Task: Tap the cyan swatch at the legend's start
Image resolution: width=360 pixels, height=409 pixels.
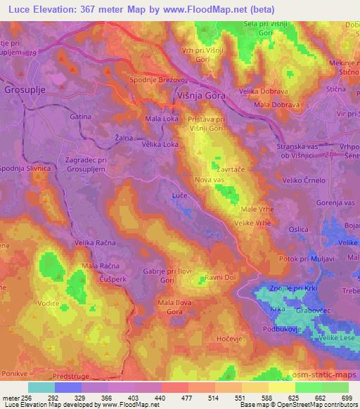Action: [x=41, y=387]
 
